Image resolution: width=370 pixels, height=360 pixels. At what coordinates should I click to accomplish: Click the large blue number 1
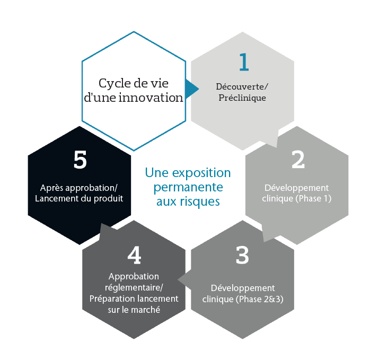243,63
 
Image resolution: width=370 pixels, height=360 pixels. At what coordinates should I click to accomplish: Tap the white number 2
298,160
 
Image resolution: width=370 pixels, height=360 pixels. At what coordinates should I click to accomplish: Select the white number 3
242,256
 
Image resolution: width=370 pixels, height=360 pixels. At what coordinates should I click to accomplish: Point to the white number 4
134,256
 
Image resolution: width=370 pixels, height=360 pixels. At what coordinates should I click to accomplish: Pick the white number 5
80,161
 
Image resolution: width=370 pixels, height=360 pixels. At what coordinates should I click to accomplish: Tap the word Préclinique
242,98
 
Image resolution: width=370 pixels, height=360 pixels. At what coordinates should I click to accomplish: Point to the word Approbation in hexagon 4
134,276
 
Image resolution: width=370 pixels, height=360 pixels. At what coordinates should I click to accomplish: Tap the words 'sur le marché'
134,309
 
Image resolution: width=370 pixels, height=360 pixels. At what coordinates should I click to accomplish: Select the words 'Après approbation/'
79,188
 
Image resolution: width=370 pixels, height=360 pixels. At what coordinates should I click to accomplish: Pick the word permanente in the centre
188,188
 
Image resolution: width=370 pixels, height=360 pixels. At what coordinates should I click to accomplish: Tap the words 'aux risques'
188,201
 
